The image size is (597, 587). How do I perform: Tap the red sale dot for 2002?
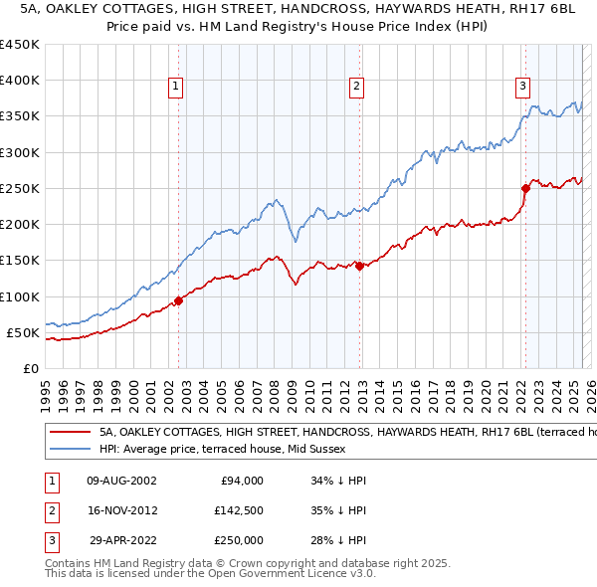point(178,300)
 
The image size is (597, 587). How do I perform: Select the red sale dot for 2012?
point(359,266)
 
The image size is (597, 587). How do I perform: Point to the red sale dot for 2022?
point(525,188)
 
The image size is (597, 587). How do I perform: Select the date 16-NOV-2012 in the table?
point(123,510)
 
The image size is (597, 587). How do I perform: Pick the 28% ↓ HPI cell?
point(338,540)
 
